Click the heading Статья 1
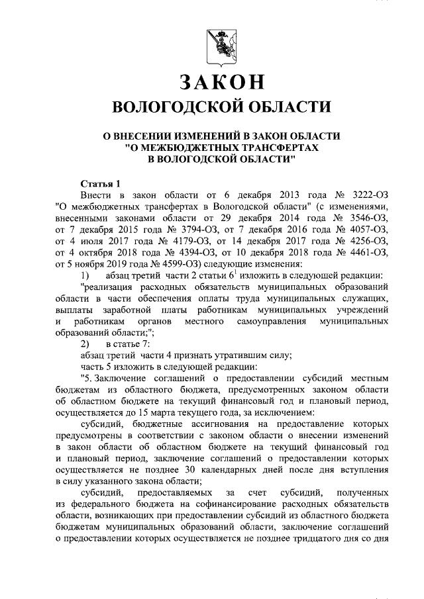[100, 183]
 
